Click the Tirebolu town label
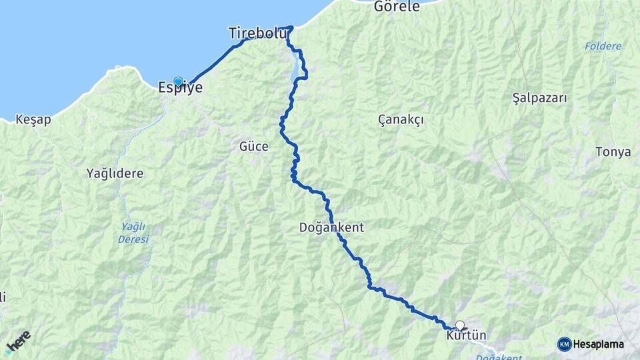pos(257,33)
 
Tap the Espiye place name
pos(180,87)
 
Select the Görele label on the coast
pos(397,7)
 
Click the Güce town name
pos(253,146)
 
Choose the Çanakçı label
pos(401,119)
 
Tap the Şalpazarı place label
pos(539,98)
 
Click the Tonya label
pos(613,152)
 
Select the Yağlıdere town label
pos(115,173)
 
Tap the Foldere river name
pos(603,46)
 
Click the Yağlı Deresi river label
pos(133,233)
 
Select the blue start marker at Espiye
pos(178,81)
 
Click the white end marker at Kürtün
pos(459,326)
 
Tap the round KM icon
pos(564,344)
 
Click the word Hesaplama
pos(599,344)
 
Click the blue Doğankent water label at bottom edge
pos(499,357)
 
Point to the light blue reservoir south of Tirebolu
pos(295,70)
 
